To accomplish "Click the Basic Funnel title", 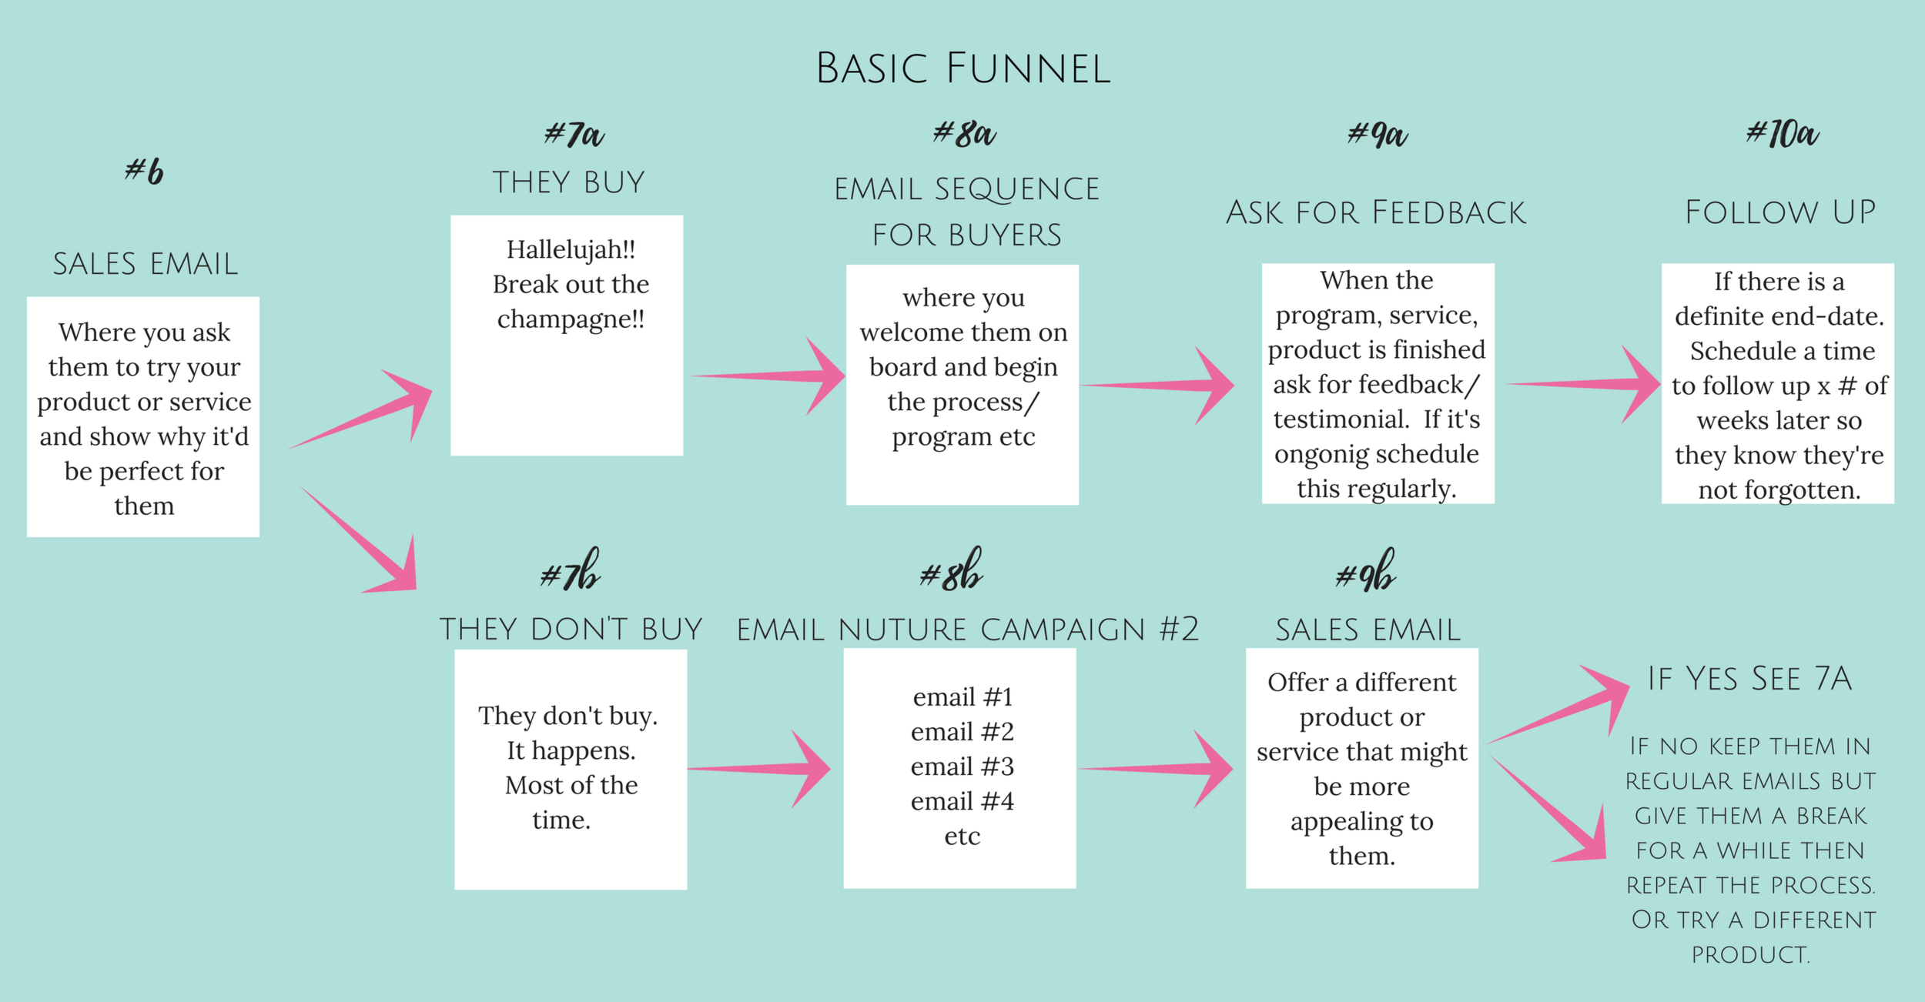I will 962,68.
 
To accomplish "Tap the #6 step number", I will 145,171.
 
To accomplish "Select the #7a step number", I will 574,135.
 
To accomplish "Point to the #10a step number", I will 1782,134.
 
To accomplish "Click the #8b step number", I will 952,571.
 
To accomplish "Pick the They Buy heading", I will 569,183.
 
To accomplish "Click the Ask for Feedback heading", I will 1375,213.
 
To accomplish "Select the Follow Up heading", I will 1780,213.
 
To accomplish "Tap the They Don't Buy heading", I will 571,630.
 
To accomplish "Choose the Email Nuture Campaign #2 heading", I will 968,630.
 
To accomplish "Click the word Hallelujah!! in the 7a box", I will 571,249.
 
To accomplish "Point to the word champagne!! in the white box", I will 571,319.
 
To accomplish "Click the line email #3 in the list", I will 962,767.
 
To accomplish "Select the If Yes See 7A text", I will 1749,679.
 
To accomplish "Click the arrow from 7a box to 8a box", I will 770,376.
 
